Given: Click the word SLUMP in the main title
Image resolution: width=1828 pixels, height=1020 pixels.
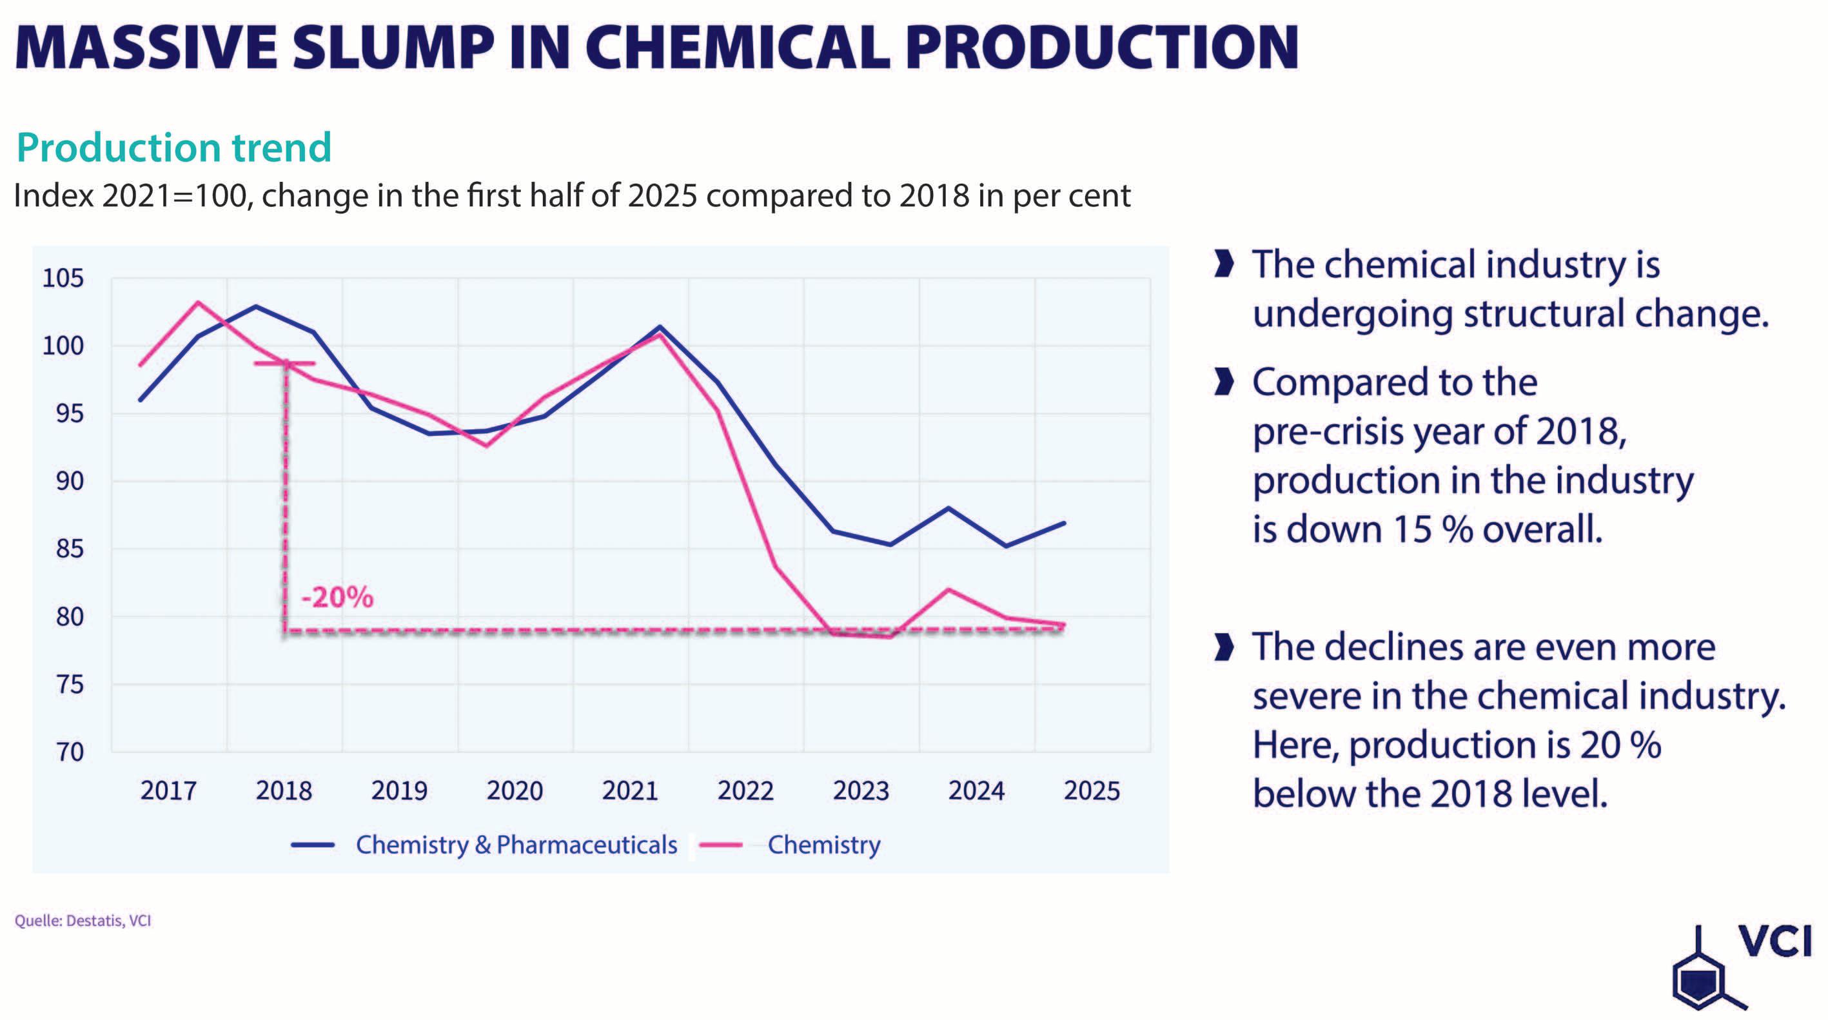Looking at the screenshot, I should (x=393, y=48).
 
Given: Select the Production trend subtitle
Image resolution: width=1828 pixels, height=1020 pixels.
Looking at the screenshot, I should (x=174, y=148).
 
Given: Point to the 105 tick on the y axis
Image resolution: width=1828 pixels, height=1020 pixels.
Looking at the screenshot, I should (x=63, y=279).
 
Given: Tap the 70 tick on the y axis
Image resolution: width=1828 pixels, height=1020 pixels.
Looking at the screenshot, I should (x=70, y=752).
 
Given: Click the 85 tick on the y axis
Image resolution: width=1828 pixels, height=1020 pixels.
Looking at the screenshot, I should (x=70, y=549).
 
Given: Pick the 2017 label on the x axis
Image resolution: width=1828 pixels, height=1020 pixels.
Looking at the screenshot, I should (x=168, y=790).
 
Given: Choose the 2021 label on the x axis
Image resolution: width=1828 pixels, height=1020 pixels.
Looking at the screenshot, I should (x=630, y=790).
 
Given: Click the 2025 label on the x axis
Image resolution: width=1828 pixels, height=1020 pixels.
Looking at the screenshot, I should (x=1092, y=790).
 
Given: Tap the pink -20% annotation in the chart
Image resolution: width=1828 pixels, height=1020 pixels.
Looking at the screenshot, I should (x=337, y=598).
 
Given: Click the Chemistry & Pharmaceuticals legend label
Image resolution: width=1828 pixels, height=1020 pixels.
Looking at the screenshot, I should (x=516, y=845).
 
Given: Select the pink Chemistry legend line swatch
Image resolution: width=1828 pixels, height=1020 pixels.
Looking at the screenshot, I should (x=720, y=845).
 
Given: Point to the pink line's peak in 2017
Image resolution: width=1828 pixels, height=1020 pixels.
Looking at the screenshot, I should (x=198, y=302).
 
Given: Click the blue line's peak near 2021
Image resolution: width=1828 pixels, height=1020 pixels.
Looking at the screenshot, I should (x=660, y=328).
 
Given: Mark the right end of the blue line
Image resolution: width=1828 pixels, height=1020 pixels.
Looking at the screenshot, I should (x=1064, y=523).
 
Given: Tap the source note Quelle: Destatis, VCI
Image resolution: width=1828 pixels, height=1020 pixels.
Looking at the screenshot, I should (x=83, y=921).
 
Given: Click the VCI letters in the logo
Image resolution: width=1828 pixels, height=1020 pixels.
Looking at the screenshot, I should (x=1774, y=942).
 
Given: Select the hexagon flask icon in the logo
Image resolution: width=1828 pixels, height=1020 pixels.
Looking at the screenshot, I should (x=1698, y=982).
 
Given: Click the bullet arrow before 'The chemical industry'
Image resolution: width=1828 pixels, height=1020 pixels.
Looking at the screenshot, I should (x=1223, y=264).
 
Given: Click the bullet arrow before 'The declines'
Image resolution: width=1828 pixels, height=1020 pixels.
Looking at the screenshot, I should (x=1223, y=647).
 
